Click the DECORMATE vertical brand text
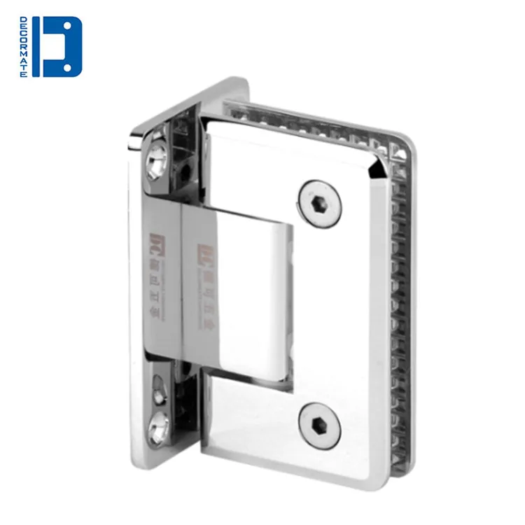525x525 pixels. (x=23, y=47)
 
